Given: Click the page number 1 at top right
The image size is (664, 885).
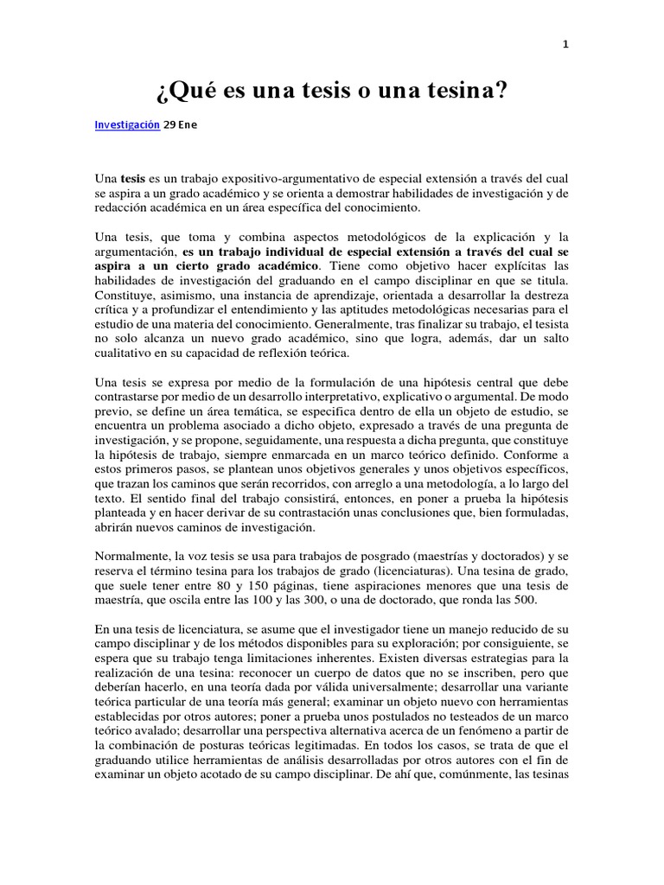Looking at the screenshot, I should (x=565, y=47).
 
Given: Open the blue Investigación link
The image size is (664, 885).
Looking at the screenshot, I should (x=127, y=124).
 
